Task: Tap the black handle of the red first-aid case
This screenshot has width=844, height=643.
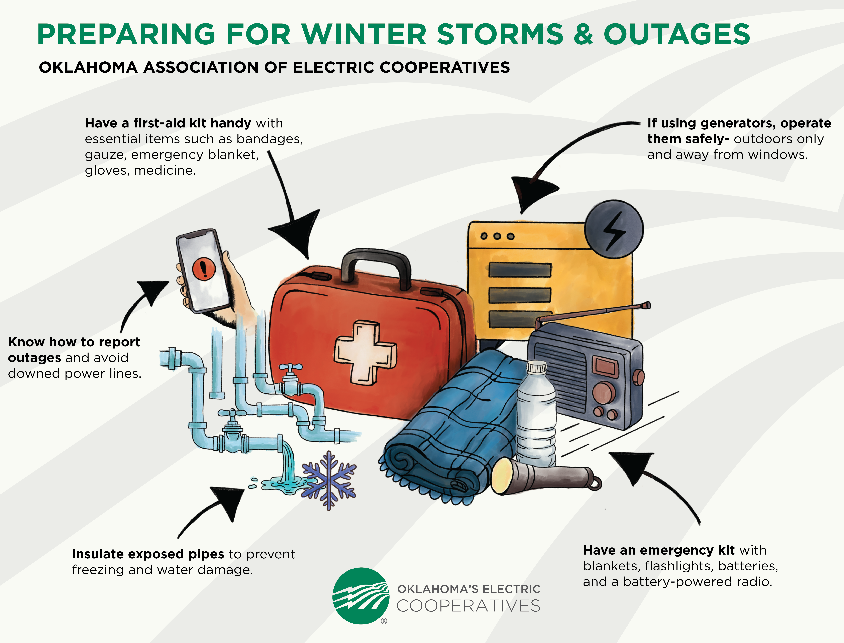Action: pos(376,257)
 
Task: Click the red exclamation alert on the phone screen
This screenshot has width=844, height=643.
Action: pos(204,268)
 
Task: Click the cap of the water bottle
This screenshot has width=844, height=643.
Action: pos(536,367)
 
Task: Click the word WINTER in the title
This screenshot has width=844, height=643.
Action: pos(364,34)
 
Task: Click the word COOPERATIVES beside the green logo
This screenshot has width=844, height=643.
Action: pos(468,606)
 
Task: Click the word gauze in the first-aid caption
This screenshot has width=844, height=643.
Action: pos(105,155)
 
